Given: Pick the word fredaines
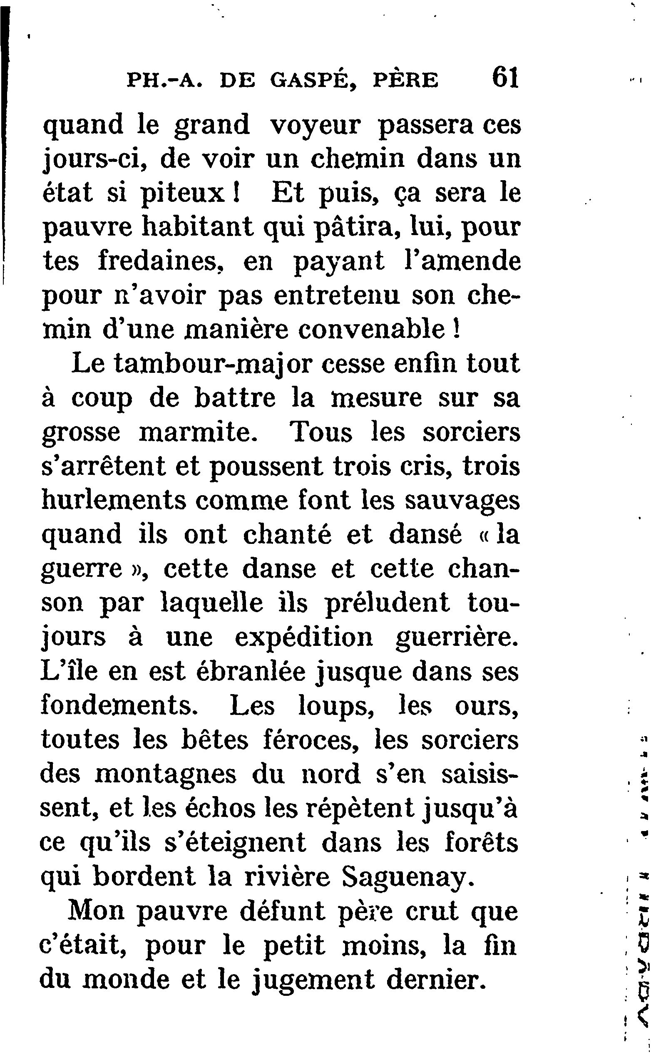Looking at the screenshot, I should pos(159,261).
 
